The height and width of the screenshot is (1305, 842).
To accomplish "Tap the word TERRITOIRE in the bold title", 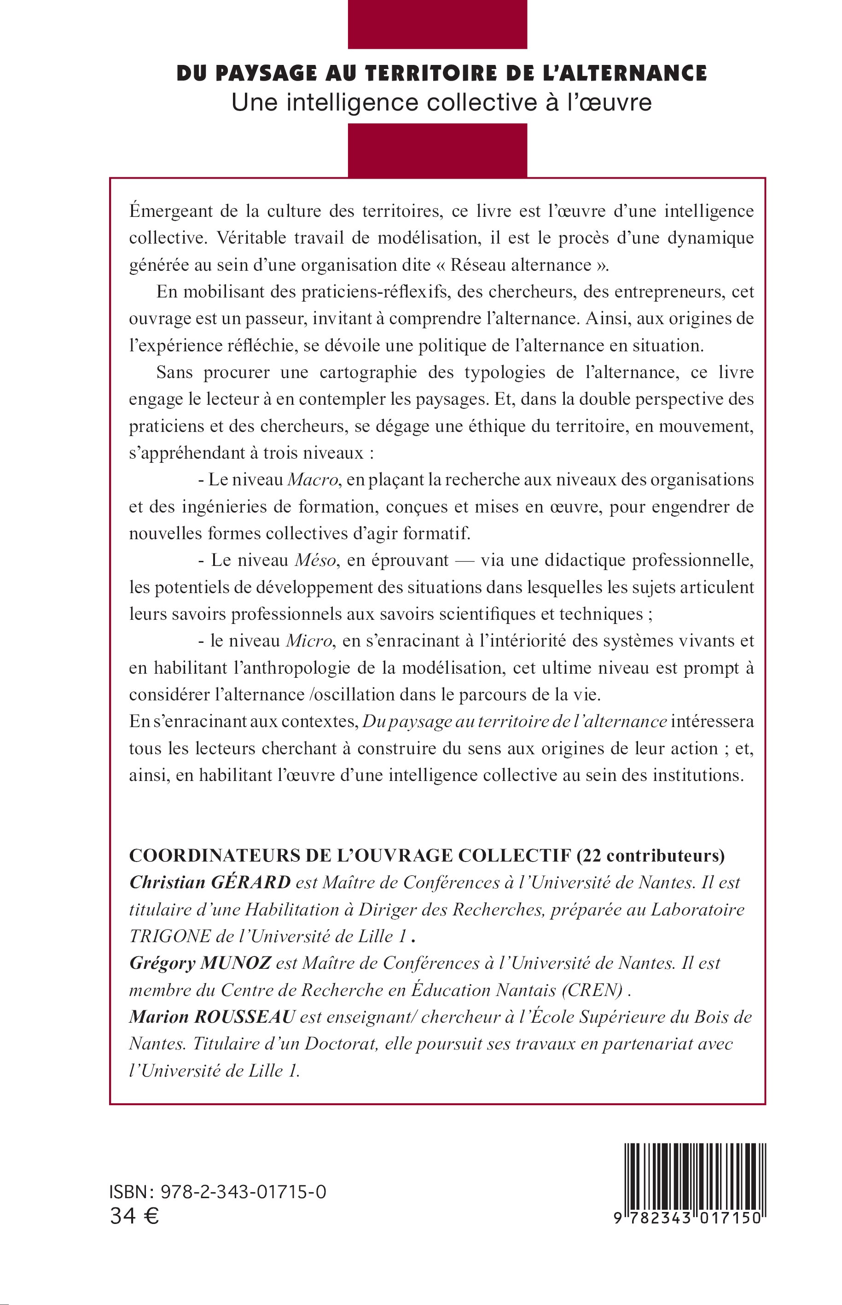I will click(x=434, y=73).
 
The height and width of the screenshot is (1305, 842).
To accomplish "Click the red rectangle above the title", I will click(x=437, y=24).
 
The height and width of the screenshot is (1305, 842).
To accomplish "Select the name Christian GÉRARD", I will click(x=210, y=883).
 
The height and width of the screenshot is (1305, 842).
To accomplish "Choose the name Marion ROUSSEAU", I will click(x=212, y=1017).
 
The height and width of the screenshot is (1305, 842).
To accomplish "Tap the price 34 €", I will click(x=134, y=1217).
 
